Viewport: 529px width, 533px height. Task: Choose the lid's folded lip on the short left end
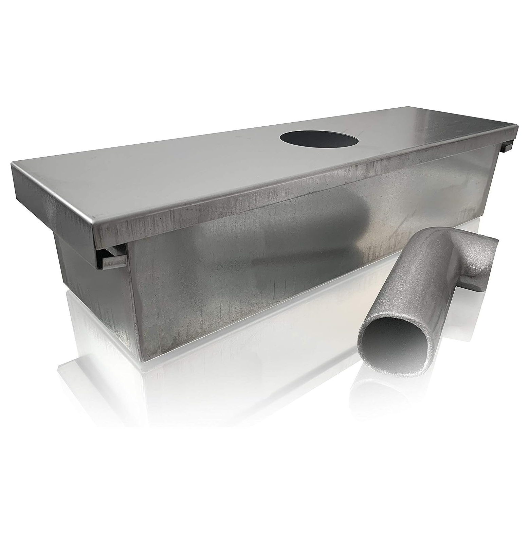[x=51, y=204]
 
